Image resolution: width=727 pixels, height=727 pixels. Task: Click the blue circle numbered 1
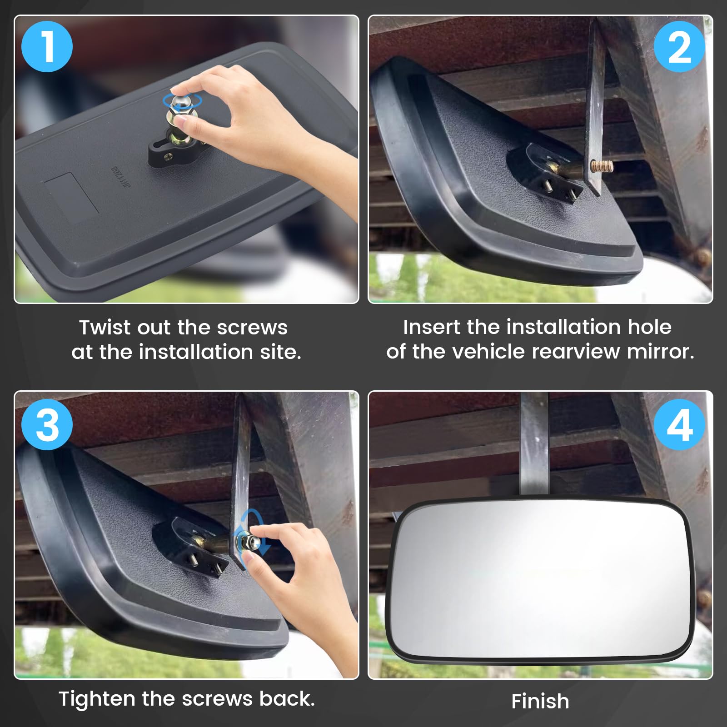(47, 46)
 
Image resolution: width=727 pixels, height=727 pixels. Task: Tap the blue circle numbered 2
(679, 46)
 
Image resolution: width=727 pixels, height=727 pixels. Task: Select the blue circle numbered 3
(47, 425)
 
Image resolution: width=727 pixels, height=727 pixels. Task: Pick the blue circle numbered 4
(679, 425)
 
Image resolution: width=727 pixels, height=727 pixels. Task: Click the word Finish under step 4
(540, 701)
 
